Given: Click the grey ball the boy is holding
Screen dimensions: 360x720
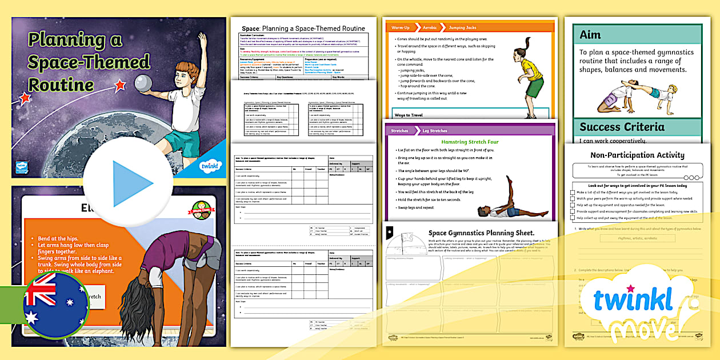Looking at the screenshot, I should pos(145,83).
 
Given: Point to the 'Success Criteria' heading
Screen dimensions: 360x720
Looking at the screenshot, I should pos(622,127).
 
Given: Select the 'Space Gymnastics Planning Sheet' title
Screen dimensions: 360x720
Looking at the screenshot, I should pos(481,233).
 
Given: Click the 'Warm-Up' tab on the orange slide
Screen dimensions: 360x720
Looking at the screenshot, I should pos(401,27).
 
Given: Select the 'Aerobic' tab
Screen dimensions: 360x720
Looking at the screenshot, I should pos(429,27).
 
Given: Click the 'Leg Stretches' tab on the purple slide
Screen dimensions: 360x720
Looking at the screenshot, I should pos(434,130).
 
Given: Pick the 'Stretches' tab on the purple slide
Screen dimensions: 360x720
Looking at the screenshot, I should pos(399,130).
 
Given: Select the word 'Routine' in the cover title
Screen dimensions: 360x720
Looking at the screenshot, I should pos(61,85).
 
